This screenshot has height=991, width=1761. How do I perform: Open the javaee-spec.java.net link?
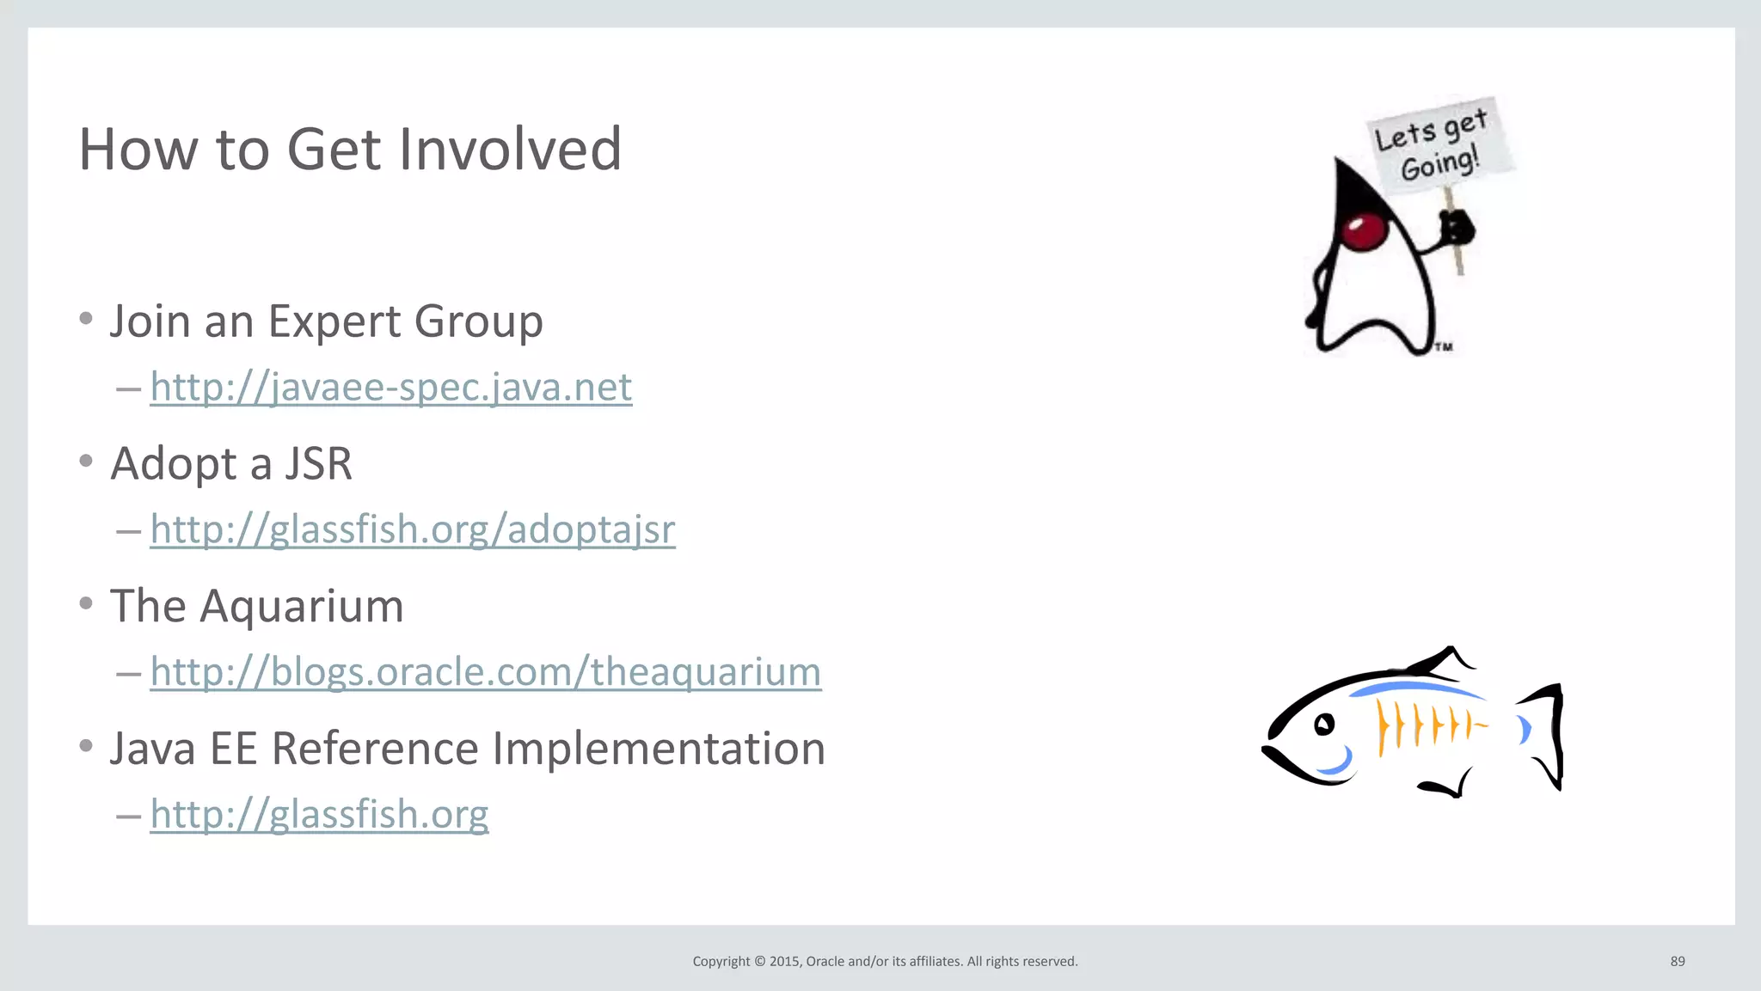pos(390,387)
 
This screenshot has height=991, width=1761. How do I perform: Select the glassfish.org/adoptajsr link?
pos(412,529)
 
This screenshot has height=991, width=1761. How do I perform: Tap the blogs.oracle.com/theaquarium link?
pos(485,672)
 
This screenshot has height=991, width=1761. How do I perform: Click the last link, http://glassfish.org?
pos(319,814)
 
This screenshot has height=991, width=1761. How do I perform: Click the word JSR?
pos(318,464)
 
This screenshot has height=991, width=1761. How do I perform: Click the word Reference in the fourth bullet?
pos(375,749)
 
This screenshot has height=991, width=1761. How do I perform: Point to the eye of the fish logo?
pos(1324,725)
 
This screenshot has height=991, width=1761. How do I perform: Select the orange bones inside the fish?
pos(1427,724)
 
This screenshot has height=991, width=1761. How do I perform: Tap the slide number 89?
pos(1678,961)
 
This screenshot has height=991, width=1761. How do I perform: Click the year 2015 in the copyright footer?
pos(784,961)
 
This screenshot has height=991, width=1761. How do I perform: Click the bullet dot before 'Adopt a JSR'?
pos(86,462)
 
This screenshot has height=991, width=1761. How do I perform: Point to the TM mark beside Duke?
pos(1444,347)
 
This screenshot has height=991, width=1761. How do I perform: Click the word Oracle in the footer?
pos(825,961)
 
